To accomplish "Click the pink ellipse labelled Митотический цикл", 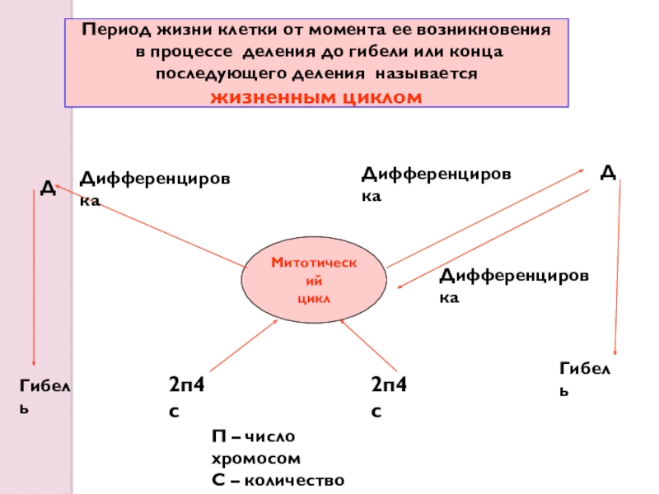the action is click(x=314, y=279).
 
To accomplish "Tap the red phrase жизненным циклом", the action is click(x=316, y=97).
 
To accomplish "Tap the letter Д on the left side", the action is click(x=48, y=189).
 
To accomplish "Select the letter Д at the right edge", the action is click(x=608, y=171).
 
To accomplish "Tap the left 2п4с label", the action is click(x=185, y=396).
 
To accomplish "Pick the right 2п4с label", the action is click(x=388, y=396).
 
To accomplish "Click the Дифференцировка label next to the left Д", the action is click(x=155, y=188).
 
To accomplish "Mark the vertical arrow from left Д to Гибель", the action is click(x=33, y=280).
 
